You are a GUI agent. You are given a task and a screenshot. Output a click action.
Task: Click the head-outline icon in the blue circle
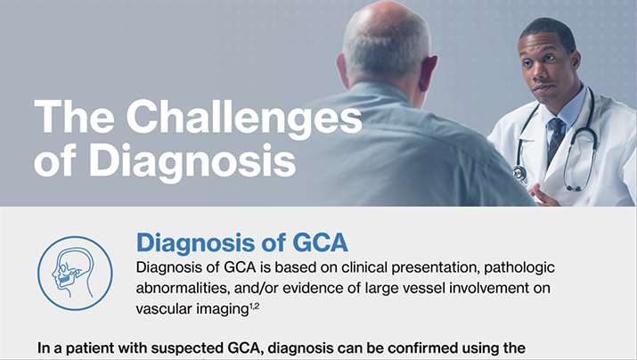pyautogui.click(x=75, y=274)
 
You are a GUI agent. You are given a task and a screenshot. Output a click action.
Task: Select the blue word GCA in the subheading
pyautogui.click(x=320, y=242)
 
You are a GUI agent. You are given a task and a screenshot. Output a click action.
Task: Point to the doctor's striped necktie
pyautogui.click(x=555, y=140)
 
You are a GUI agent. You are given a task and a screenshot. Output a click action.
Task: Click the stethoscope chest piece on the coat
pyautogui.click(x=519, y=173)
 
